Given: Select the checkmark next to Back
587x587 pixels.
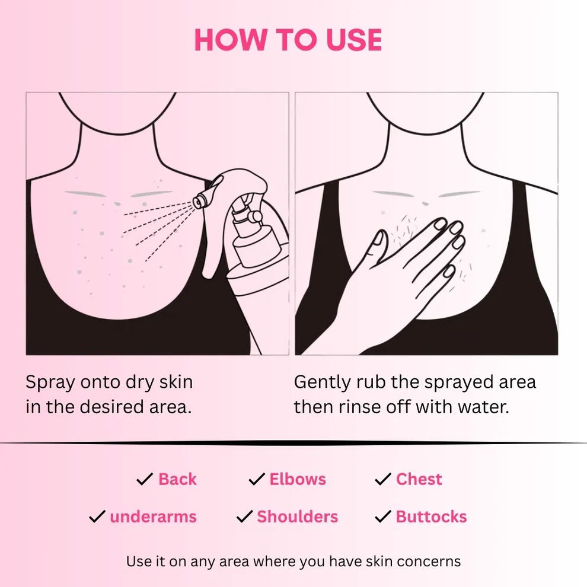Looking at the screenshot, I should pyautogui.click(x=145, y=480).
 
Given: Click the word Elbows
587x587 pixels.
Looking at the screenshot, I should pyautogui.click(x=298, y=479).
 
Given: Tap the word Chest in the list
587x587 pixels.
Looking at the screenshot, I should pyautogui.click(x=419, y=479).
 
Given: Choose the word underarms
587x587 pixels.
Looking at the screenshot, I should pyautogui.click(x=153, y=516).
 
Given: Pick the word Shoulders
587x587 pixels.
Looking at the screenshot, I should pyautogui.click(x=298, y=516).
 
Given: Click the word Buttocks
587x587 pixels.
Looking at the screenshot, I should pyautogui.click(x=432, y=516).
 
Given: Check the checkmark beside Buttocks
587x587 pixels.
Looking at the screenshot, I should pyautogui.click(x=383, y=517).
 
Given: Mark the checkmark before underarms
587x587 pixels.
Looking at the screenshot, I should pyautogui.click(x=97, y=517).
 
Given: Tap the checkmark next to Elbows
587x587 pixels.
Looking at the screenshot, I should pyautogui.click(x=256, y=480).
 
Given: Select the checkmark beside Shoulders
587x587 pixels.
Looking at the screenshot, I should pyautogui.click(x=244, y=517).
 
